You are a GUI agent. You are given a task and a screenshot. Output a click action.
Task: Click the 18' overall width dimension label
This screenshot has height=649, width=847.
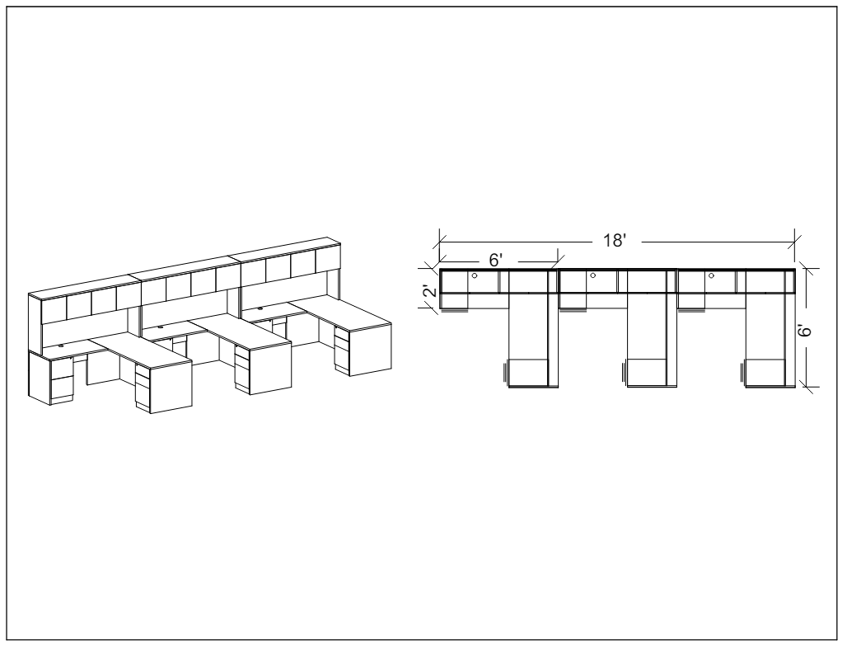(615, 240)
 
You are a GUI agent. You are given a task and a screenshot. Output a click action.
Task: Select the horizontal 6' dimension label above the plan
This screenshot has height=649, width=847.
(496, 260)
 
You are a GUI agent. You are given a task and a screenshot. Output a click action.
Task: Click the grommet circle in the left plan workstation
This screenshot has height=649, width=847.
(475, 275)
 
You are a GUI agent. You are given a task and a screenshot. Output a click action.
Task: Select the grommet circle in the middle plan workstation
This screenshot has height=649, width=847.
(592, 275)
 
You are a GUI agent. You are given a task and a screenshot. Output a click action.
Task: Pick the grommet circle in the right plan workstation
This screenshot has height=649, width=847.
(711, 275)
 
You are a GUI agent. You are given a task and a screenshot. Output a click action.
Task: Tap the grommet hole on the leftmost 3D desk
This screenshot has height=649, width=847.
(60, 345)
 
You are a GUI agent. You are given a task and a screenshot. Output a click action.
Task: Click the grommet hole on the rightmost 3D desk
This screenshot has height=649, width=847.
(260, 308)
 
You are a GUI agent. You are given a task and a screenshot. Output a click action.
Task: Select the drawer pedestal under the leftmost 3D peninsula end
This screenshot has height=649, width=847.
(142, 388)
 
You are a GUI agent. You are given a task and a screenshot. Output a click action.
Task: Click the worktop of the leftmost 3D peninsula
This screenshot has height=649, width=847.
(140, 351)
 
